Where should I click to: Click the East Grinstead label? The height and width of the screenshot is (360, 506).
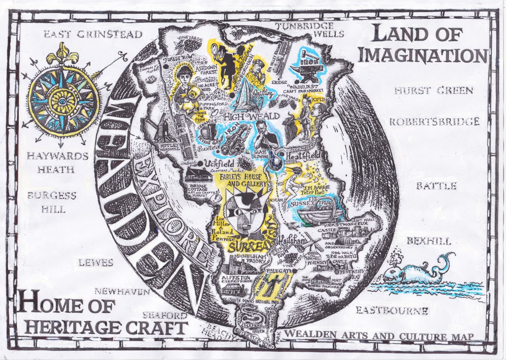93,34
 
